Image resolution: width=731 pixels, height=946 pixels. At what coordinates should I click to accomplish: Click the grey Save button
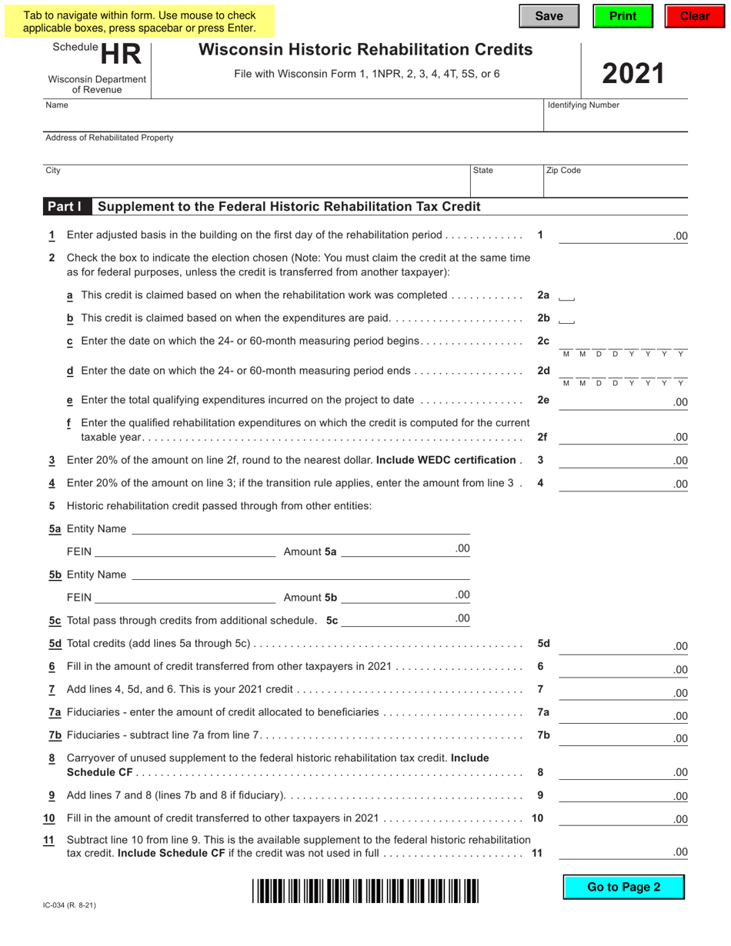(x=549, y=16)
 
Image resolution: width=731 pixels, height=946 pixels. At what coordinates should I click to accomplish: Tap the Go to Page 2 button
(x=623, y=887)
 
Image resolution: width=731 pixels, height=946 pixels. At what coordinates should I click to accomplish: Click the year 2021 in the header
(x=633, y=74)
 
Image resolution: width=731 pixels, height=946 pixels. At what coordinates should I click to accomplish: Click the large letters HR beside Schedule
(x=122, y=55)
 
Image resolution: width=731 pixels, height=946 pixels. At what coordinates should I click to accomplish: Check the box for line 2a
(x=566, y=296)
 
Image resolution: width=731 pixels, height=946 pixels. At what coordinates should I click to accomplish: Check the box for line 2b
(x=566, y=319)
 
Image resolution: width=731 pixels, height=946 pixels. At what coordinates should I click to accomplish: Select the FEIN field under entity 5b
(x=184, y=597)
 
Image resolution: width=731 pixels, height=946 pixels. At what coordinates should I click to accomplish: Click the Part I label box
(x=65, y=207)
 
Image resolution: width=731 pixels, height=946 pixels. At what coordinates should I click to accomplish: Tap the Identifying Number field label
(x=582, y=105)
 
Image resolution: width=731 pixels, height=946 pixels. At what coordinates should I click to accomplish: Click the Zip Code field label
(x=563, y=171)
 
